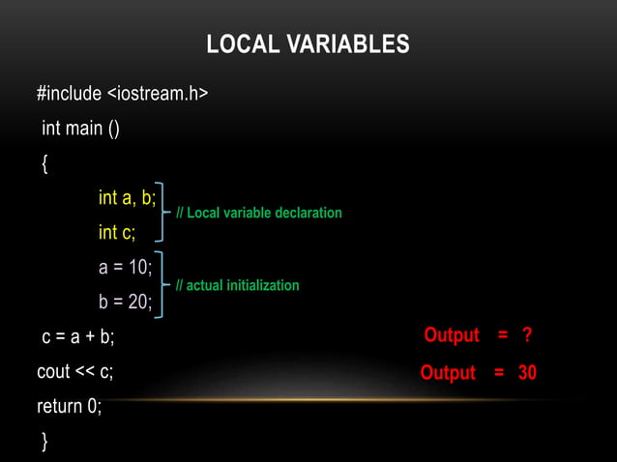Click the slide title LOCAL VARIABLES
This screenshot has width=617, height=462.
(308, 44)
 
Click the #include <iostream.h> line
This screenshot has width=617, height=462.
(122, 94)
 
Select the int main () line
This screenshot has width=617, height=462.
(80, 128)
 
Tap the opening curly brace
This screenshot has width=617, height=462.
(44, 163)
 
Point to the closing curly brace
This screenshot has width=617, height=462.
(44, 442)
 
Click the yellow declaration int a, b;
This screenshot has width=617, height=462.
(127, 198)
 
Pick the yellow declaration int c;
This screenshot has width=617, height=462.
(117, 233)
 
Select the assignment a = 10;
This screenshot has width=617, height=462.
(125, 268)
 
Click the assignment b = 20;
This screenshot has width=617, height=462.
(125, 303)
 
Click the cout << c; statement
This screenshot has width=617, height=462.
(75, 372)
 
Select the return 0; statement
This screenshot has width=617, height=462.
(69, 407)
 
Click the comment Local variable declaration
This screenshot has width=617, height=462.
(258, 213)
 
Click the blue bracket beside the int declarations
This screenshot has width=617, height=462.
(165, 211)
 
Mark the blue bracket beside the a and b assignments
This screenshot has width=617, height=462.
(165, 284)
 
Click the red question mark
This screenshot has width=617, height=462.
(527, 335)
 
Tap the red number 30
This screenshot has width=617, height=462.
(527, 373)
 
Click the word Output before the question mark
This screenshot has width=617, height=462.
(451, 335)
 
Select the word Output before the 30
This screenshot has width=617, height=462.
(448, 373)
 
